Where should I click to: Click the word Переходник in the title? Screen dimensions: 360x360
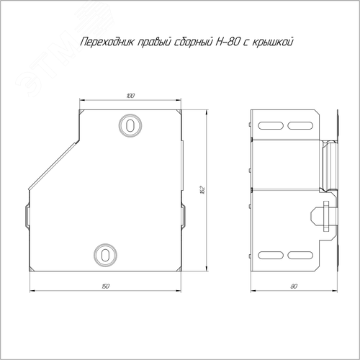(107, 42)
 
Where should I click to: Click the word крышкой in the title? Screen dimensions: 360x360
(273, 42)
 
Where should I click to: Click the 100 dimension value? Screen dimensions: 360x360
(130, 96)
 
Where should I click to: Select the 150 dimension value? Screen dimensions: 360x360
(105, 286)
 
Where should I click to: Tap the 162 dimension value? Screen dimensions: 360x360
(202, 189)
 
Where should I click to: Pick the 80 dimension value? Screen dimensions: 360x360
(294, 286)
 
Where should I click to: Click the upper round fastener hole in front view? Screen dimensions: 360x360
(130, 125)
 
